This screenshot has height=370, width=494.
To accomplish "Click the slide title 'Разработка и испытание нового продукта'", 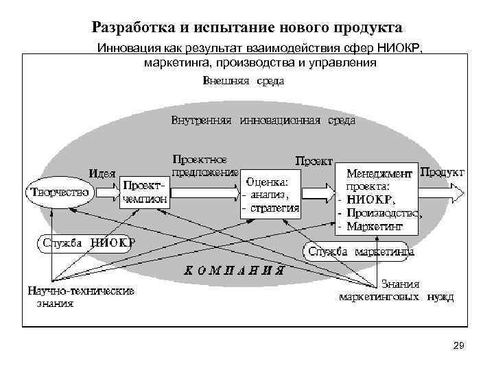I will [x=247, y=27].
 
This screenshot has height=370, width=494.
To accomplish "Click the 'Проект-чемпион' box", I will [x=145, y=193].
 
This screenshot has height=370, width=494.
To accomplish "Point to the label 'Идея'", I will [x=102, y=172].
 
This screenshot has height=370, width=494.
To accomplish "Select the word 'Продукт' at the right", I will [x=442, y=171].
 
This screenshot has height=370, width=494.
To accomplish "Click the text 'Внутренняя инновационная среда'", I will [x=263, y=121].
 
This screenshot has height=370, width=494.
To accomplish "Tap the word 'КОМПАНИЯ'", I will [x=234, y=270].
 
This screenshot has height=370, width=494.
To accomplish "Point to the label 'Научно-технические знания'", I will [x=81, y=296].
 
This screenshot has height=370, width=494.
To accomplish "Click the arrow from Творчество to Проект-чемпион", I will [x=106, y=193].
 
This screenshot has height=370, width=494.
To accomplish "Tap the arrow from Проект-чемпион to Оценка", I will [x=204, y=193].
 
